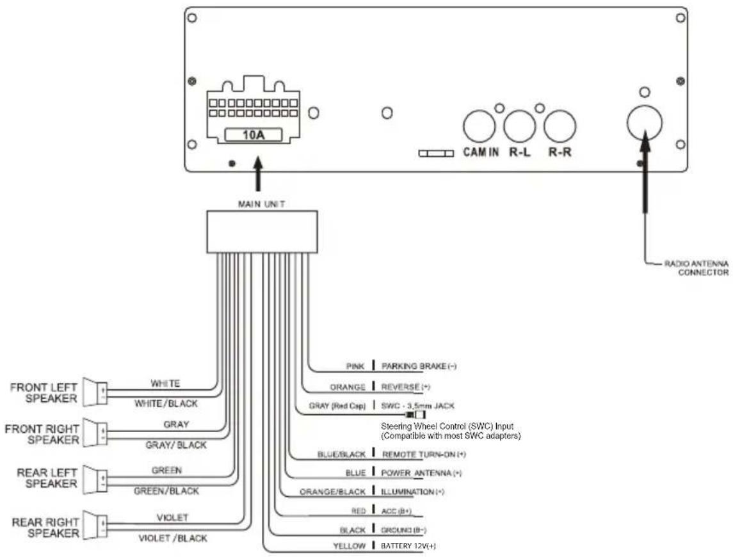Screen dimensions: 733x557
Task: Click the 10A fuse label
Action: coord(254,134)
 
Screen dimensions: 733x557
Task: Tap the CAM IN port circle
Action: coord(479,127)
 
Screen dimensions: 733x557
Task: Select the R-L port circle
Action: coord(519,127)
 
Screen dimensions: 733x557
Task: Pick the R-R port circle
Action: coord(560,127)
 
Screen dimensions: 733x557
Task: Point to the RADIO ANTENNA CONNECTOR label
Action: coord(697,268)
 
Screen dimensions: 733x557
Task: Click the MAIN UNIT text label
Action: coord(261,204)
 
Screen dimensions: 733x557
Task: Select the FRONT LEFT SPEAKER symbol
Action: coord(95,392)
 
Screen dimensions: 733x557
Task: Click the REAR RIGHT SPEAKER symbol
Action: coord(95,524)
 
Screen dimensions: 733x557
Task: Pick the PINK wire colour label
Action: coord(355,366)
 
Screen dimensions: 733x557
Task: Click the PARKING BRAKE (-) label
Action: coord(419,366)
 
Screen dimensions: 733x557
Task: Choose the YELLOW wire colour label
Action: coord(349,545)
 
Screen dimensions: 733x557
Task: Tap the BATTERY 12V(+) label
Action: coord(408,545)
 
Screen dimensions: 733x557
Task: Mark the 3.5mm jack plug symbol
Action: coord(415,415)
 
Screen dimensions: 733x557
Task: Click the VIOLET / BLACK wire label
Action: coord(173,538)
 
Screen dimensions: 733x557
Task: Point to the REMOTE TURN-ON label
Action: coord(424,455)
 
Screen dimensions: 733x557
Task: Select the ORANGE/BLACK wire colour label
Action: coord(332,492)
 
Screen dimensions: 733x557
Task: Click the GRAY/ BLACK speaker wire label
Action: coord(176,445)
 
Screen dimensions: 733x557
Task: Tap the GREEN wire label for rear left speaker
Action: coord(166,471)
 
